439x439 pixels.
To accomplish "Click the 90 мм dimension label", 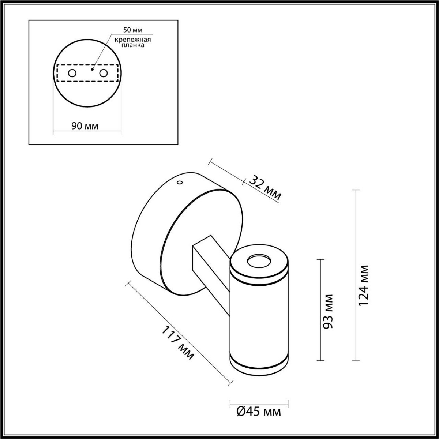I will pyautogui.click(x=85, y=126).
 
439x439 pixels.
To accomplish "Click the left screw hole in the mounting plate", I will pyautogui.click(x=72, y=73).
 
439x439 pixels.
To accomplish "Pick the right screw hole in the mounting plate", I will pyautogui.click(x=104, y=73).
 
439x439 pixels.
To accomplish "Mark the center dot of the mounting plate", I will pyautogui.click(x=93, y=69).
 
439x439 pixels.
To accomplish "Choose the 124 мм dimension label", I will pyautogui.click(x=364, y=286).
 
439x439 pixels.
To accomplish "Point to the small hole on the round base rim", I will pyautogui.click(x=179, y=182).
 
